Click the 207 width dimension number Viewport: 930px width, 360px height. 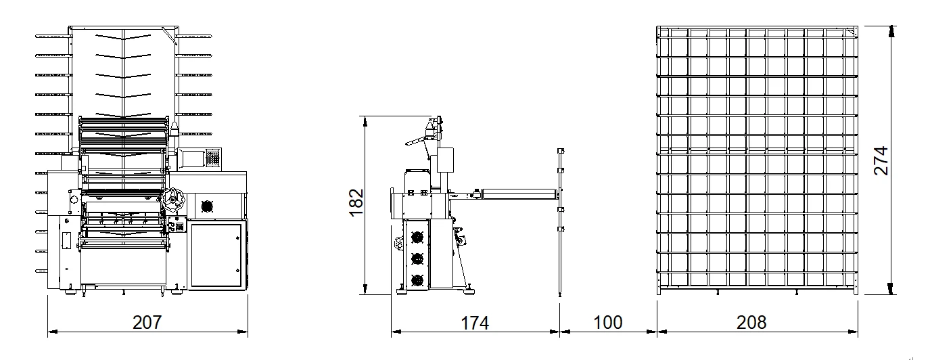point(147,322)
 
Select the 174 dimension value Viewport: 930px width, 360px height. point(475,323)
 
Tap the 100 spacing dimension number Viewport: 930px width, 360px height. point(608,322)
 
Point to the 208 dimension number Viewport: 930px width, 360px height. point(751,322)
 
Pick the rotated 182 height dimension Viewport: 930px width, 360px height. point(356,202)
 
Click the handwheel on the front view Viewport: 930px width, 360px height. point(173,200)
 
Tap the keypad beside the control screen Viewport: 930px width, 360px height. point(212,158)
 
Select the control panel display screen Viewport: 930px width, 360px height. point(192,159)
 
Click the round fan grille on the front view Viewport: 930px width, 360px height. point(207,206)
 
